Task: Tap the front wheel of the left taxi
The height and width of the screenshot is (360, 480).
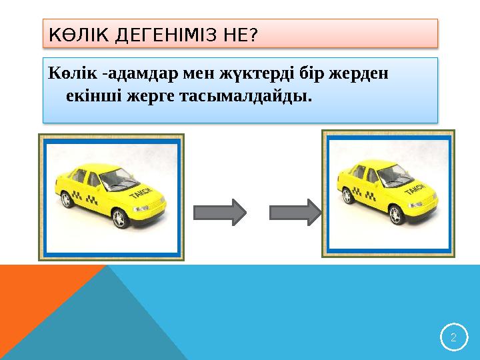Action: pos(121,217)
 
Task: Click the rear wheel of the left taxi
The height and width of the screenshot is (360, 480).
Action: pos(67,200)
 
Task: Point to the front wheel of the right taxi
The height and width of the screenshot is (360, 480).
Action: pos(396,215)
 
